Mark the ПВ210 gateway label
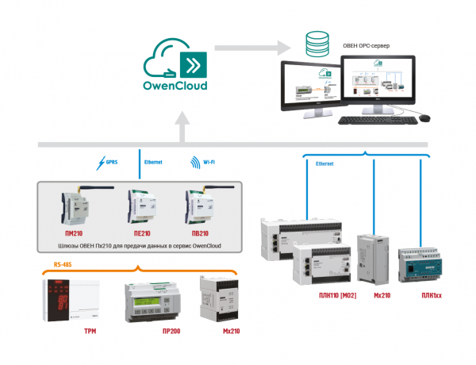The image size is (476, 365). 199,235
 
